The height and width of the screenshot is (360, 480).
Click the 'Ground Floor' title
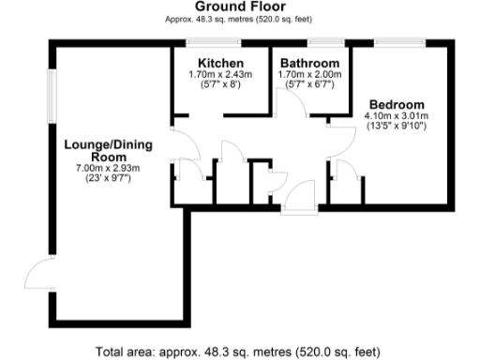pyautogui.click(x=239, y=7)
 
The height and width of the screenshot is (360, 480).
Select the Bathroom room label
pyautogui.click(x=310, y=63)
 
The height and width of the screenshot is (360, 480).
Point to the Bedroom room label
pyautogui.click(x=396, y=103)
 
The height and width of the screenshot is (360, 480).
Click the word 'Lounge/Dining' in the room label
pyautogui.click(x=103, y=145)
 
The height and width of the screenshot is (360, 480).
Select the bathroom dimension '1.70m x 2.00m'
pyautogui.click(x=310, y=74)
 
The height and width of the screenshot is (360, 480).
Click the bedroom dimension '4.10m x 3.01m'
pyautogui.click(x=396, y=115)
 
